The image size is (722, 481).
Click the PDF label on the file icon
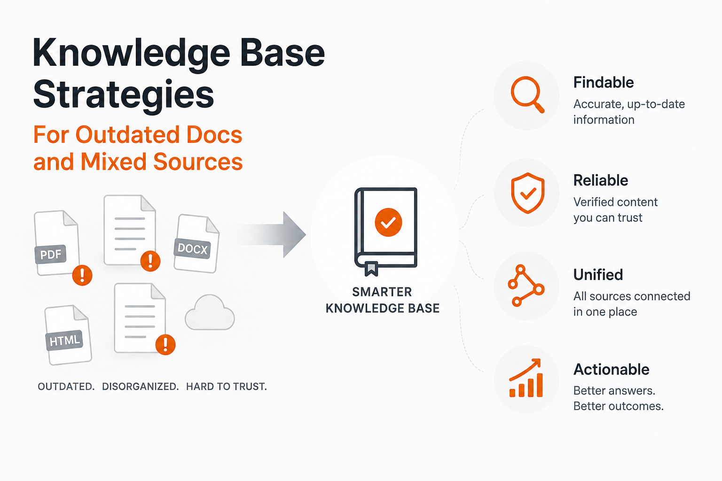click(x=51, y=254)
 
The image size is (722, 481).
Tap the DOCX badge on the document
click(x=192, y=248)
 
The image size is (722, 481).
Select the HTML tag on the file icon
click(x=64, y=340)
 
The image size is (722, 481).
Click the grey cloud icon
click(x=210, y=312)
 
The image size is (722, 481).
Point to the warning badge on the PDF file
click(x=82, y=275)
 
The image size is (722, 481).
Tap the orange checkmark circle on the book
click(x=388, y=222)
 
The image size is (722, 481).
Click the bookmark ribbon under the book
click(x=371, y=269)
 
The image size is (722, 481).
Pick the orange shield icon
click(x=528, y=193)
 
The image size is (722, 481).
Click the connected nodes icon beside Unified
click(x=526, y=286)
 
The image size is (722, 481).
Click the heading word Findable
click(x=604, y=83)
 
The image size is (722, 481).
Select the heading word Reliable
click(x=600, y=180)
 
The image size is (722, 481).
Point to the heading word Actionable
click(x=611, y=369)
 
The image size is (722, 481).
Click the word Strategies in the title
click(x=124, y=95)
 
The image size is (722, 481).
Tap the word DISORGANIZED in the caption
click(x=140, y=386)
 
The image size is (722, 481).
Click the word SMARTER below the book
click(x=382, y=292)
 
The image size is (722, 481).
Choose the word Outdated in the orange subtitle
click(x=127, y=135)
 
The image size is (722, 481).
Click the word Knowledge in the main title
click(x=131, y=54)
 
